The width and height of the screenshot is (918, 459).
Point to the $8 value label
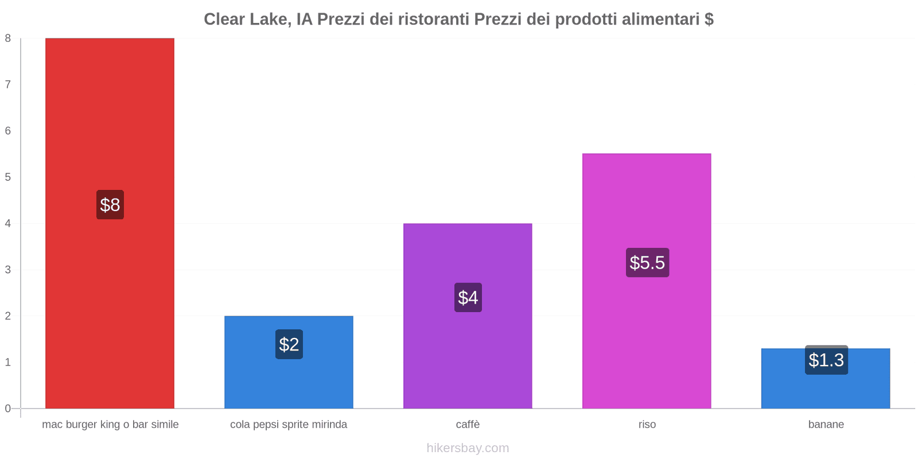110,205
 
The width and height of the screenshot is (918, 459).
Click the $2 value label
289,344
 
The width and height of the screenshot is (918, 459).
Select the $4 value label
468,297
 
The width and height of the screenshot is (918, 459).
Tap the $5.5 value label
647,263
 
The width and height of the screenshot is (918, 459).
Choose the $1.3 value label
826,360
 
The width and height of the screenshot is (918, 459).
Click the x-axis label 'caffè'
468,425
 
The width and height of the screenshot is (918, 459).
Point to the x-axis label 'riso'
647,425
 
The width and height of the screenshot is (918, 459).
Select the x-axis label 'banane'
826,425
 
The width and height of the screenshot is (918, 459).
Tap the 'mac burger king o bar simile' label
110,425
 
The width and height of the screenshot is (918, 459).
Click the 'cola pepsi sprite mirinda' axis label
289,425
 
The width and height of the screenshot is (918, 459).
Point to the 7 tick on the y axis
8,84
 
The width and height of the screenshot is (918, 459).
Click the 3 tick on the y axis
8,270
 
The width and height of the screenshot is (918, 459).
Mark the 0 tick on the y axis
8,409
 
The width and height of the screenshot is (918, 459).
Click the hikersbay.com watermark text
468,448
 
